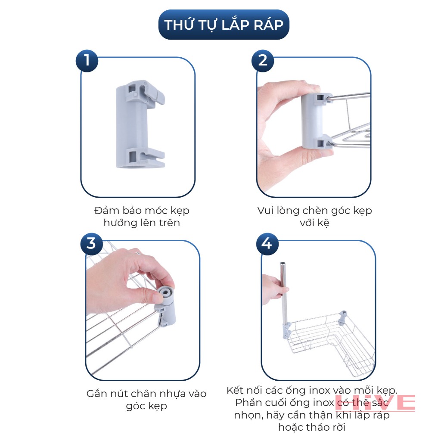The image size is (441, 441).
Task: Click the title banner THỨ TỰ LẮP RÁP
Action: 224,25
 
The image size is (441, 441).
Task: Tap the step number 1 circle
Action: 87,61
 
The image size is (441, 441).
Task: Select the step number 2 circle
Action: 263,61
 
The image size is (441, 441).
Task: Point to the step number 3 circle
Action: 91,244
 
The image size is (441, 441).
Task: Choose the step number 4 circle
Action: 267,244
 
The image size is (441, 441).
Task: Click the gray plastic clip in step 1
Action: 140,124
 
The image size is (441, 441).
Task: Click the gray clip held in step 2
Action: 317,121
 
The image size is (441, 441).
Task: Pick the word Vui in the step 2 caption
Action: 266,211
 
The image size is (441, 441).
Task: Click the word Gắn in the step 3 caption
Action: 96,394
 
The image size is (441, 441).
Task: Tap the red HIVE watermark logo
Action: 375,403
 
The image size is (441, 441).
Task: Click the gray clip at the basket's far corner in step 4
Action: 343,318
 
